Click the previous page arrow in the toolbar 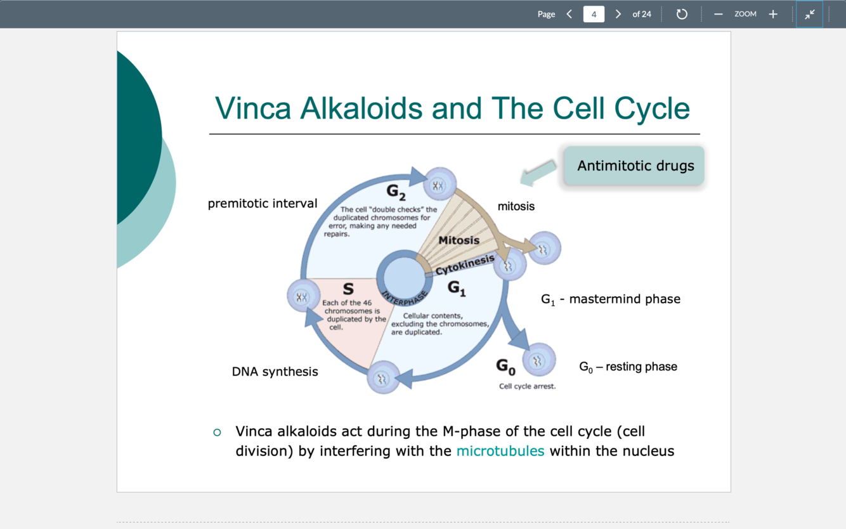569,14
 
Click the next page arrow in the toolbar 618,14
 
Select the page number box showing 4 594,14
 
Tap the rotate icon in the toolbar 682,14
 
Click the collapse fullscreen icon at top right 809,14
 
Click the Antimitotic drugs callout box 634,166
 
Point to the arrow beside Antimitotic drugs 538,173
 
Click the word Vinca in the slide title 252,108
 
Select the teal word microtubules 500,451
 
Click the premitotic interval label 263,204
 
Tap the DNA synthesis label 275,372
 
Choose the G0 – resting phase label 628,367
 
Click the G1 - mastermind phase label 610,299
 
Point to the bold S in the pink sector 348,289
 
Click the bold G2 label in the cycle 396,191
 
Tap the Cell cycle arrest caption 527,386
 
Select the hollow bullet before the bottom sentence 218,432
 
